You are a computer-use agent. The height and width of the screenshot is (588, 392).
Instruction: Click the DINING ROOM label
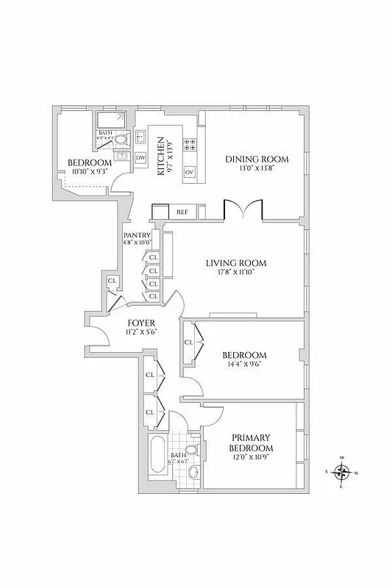pyautogui.click(x=257, y=159)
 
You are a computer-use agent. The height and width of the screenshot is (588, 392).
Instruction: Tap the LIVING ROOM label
pyautogui.click(x=235, y=262)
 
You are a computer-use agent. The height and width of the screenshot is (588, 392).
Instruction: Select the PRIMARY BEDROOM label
pyautogui.click(x=251, y=442)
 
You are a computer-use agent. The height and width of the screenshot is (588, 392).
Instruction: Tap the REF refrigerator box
pyautogui.click(x=182, y=212)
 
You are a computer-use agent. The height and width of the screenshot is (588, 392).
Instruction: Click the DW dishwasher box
pyautogui.click(x=140, y=157)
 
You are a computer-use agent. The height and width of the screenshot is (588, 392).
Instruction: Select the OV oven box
pyautogui.click(x=189, y=172)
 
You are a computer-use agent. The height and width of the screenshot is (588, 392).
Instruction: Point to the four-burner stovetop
pyautogui.click(x=189, y=144)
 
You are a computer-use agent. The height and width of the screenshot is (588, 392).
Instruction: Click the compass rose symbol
pyautogui.click(x=342, y=472)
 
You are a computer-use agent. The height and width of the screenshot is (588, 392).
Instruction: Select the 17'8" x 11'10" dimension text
pyautogui.click(x=235, y=272)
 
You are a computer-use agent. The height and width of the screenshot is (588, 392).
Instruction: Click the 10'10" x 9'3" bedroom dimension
pyautogui.click(x=90, y=172)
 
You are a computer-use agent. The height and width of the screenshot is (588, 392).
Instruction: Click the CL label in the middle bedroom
pyautogui.click(x=188, y=342)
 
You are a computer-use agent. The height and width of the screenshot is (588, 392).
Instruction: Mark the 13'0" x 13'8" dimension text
pyautogui.click(x=257, y=168)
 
